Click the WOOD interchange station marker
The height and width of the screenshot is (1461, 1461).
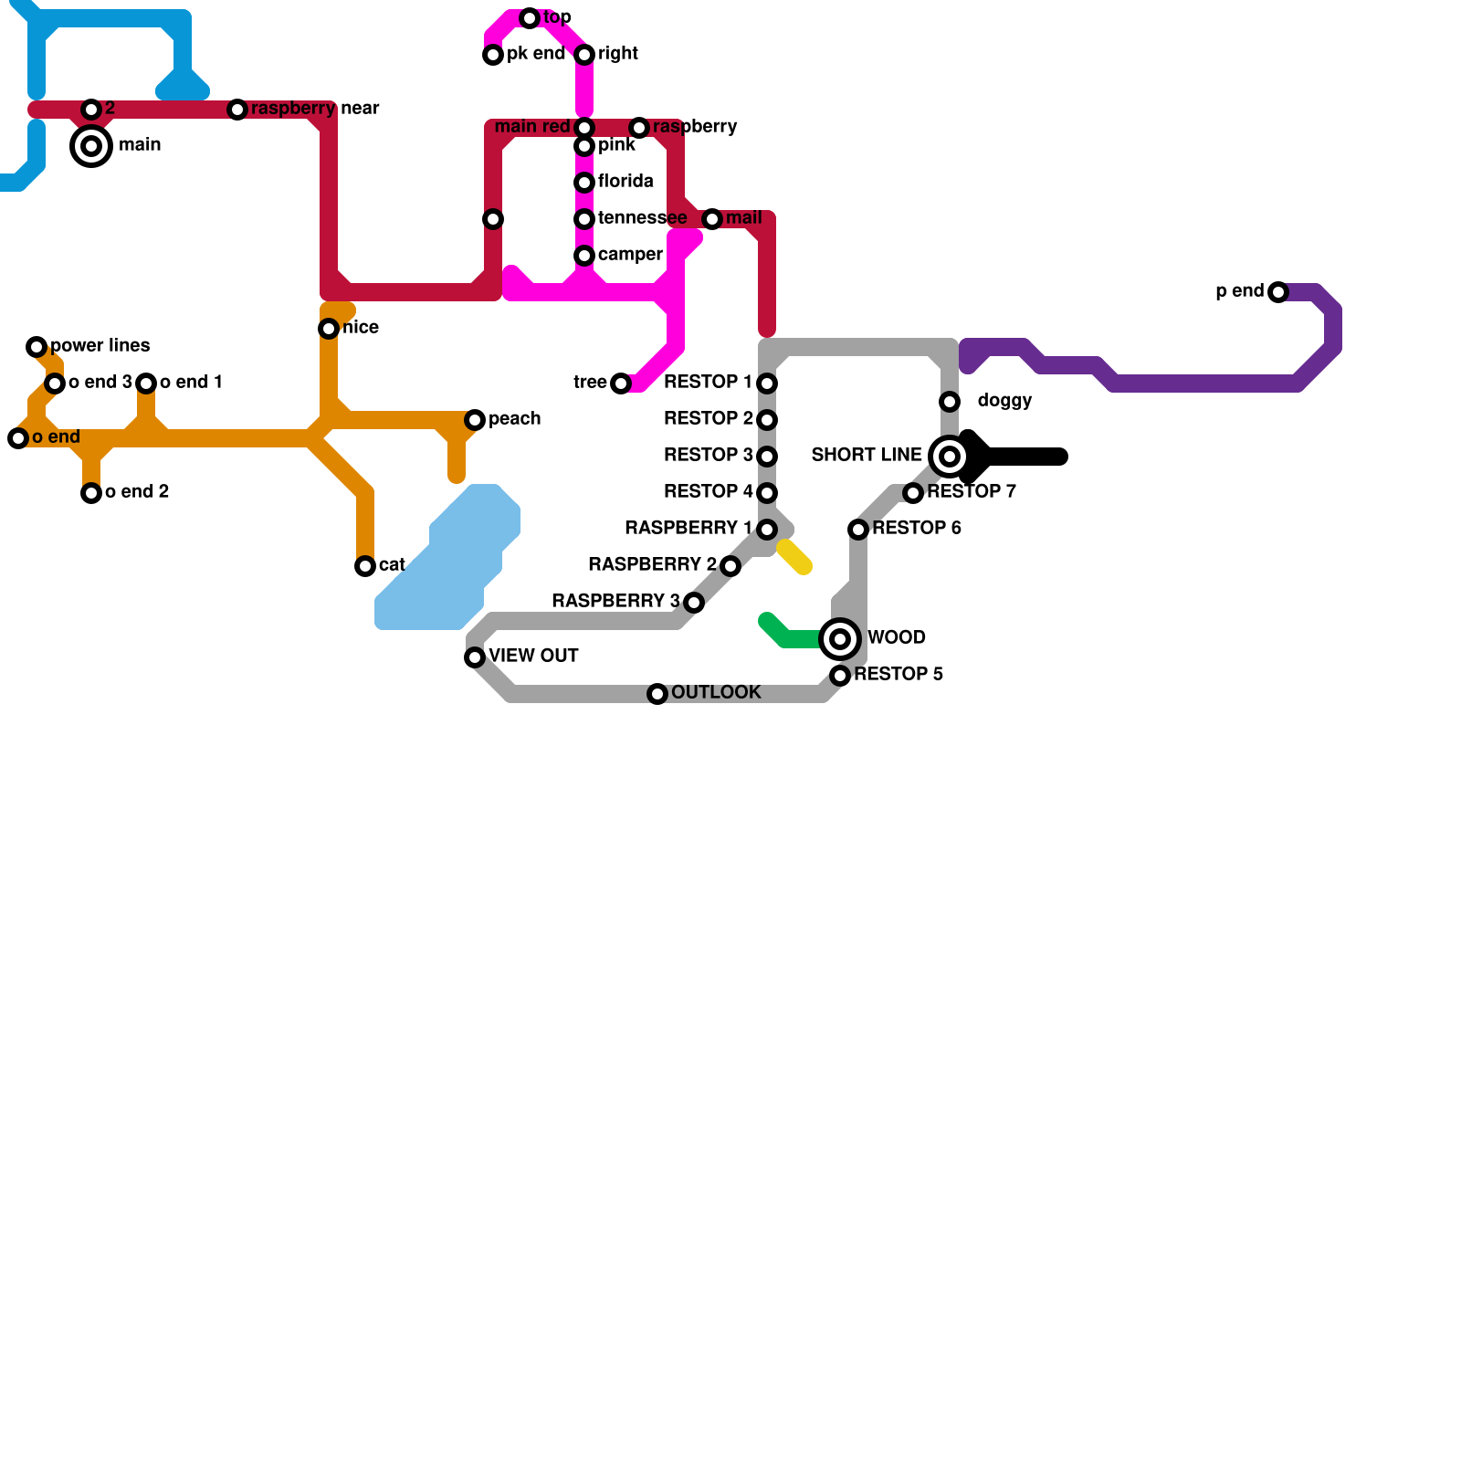click(840, 638)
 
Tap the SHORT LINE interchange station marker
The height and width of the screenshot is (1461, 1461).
click(950, 456)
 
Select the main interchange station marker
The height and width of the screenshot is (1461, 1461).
click(91, 146)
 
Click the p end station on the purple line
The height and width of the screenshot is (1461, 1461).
click(1278, 292)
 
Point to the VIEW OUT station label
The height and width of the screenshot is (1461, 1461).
click(533, 657)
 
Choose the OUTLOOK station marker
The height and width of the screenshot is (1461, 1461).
click(657, 694)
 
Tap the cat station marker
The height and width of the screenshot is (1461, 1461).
click(365, 566)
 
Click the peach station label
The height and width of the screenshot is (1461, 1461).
click(514, 419)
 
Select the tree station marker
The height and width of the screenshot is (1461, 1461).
click(621, 384)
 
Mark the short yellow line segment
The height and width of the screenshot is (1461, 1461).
click(794, 557)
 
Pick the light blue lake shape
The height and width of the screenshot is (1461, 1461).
click(447, 566)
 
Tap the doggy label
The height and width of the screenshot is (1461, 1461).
click(1004, 401)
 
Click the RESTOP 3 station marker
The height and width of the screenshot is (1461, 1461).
click(767, 457)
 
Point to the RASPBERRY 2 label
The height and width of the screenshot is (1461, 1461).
click(652, 565)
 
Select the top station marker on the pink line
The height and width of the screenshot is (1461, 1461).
click(530, 18)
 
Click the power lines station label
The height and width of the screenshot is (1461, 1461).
click(100, 346)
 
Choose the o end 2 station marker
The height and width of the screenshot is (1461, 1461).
click(91, 493)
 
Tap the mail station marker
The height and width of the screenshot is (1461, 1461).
click(712, 219)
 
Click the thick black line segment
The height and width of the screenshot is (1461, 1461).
click(1023, 457)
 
